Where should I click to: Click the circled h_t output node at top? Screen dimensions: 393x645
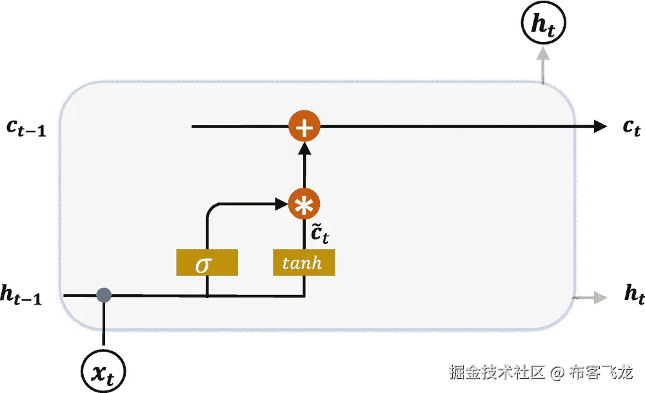click(x=542, y=25)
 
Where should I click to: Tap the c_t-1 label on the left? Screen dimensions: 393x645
click(x=26, y=128)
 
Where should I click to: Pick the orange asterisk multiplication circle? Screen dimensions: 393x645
click(x=304, y=205)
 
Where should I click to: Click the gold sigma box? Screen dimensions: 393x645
click(x=206, y=263)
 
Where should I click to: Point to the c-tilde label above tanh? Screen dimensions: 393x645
click(x=319, y=234)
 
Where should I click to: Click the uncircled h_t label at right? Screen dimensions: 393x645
click(x=634, y=295)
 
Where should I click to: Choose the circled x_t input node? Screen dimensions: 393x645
click(x=103, y=371)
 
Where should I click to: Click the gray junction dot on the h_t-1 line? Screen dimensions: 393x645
click(x=103, y=296)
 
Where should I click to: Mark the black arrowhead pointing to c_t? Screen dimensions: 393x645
click(x=599, y=126)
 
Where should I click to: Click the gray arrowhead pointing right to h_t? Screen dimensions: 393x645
click(x=600, y=297)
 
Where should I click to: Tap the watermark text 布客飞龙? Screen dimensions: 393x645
click(x=601, y=372)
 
